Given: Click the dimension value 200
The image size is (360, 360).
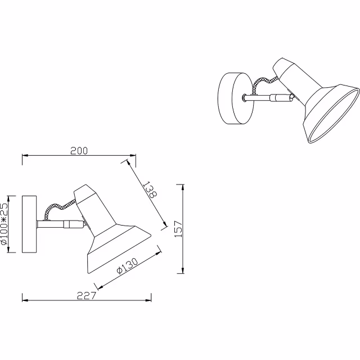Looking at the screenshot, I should click(x=79, y=151).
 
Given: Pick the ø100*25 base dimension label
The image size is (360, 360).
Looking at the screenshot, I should click(x=5, y=224).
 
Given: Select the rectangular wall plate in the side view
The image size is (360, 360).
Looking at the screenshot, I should click(x=29, y=224).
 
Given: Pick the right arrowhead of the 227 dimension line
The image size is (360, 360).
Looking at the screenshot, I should click(x=151, y=299).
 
